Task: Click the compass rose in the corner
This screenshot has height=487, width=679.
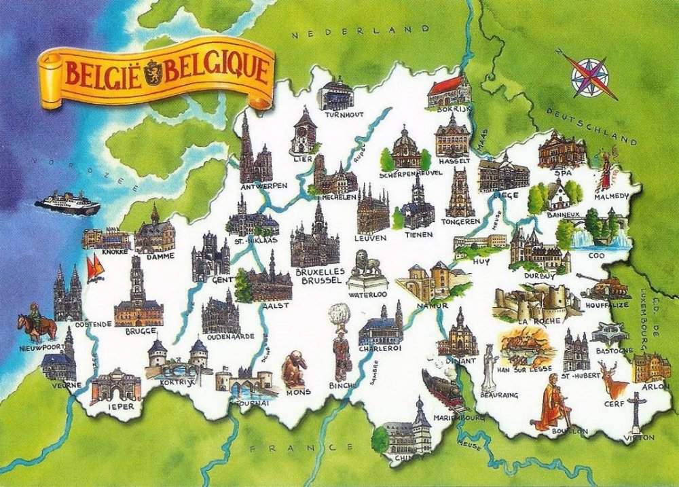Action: [589, 76]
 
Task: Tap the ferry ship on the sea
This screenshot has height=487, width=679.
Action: [67, 203]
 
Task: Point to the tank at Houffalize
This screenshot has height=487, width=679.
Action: [593, 288]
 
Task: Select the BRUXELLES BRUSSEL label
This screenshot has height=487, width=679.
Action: [320, 274]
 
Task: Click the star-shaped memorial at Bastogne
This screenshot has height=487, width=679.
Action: [605, 333]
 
